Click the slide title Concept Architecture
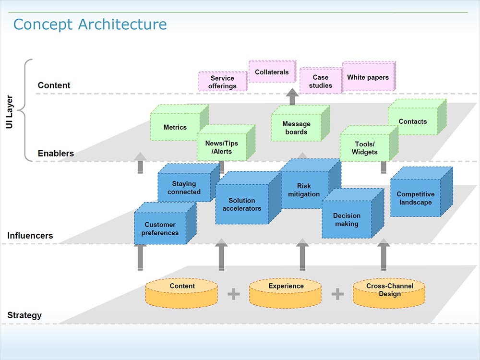click(x=90, y=24)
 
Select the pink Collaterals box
click(x=272, y=72)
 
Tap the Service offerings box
click(x=222, y=82)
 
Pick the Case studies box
click(x=320, y=81)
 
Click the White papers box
click(x=368, y=77)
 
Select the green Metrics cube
click(x=175, y=127)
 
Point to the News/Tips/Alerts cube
click(x=221, y=147)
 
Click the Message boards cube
click(x=296, y=128)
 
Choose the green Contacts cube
click(x=412, y=121)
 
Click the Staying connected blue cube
click(x=184, y=188)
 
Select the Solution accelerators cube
click(x=241, y=204)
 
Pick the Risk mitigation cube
click(x=304, y=190)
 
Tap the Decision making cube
click(x=346, y=220)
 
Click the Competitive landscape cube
click(x=415, y=198)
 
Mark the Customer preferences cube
click(x=160, y=228)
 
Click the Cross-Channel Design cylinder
click(x=389, y=293)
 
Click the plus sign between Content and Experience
click(x=233, y=294)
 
